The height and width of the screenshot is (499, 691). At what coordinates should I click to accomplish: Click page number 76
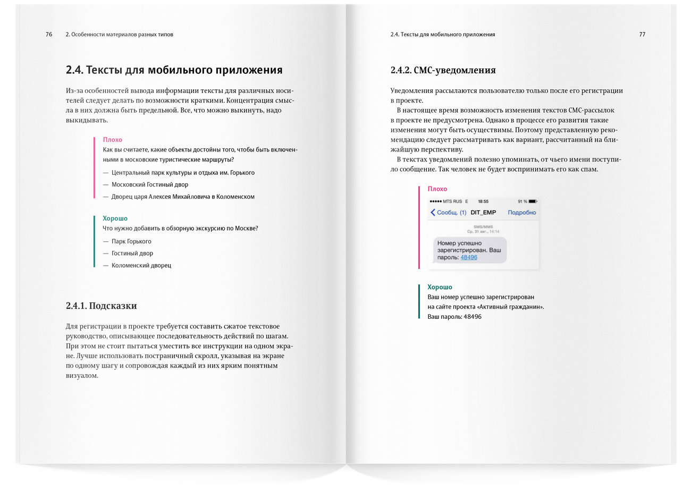click(x=49, y=35)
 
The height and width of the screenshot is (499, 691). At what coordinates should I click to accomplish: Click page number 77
click(x=642, y=35)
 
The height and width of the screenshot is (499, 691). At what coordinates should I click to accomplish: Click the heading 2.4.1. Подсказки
click(x=101, y=306)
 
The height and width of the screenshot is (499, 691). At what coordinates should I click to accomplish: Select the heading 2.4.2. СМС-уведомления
click(x=443, y=70)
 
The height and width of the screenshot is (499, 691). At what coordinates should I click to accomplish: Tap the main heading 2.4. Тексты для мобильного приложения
click(x=174, y=70)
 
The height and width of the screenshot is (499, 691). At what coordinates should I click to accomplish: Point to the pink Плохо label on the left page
click(x=112, y=140)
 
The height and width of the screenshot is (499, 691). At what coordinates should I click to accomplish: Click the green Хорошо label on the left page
click(x=115, y=218)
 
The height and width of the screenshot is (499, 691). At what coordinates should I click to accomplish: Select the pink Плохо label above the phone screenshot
click(x=437, y=189)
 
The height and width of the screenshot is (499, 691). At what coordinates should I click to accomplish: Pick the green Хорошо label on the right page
click(x=440, y=287)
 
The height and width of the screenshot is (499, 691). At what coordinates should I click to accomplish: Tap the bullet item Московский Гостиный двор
click(x=149, y=184)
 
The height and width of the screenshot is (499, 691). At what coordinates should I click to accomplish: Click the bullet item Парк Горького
click(x=131, y=241)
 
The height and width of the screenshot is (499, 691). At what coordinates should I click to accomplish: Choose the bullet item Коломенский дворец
click(x=141, y=265)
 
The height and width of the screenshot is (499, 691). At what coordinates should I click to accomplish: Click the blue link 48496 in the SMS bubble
click(x=469, y=257)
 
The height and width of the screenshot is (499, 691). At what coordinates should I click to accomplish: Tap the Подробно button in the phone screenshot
click(x=521, y=213)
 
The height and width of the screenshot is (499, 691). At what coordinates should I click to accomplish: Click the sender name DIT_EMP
click(x=483, y=213)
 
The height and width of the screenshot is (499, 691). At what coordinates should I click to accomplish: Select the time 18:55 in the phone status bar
click(x=483, y=201)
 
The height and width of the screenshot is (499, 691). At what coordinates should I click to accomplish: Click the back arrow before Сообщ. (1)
click(x=433, y=213)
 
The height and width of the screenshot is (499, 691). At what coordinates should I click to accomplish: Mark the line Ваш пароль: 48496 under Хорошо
click(x=454, y=317)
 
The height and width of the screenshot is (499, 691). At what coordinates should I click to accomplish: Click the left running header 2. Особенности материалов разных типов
click(x=119, y=35)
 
